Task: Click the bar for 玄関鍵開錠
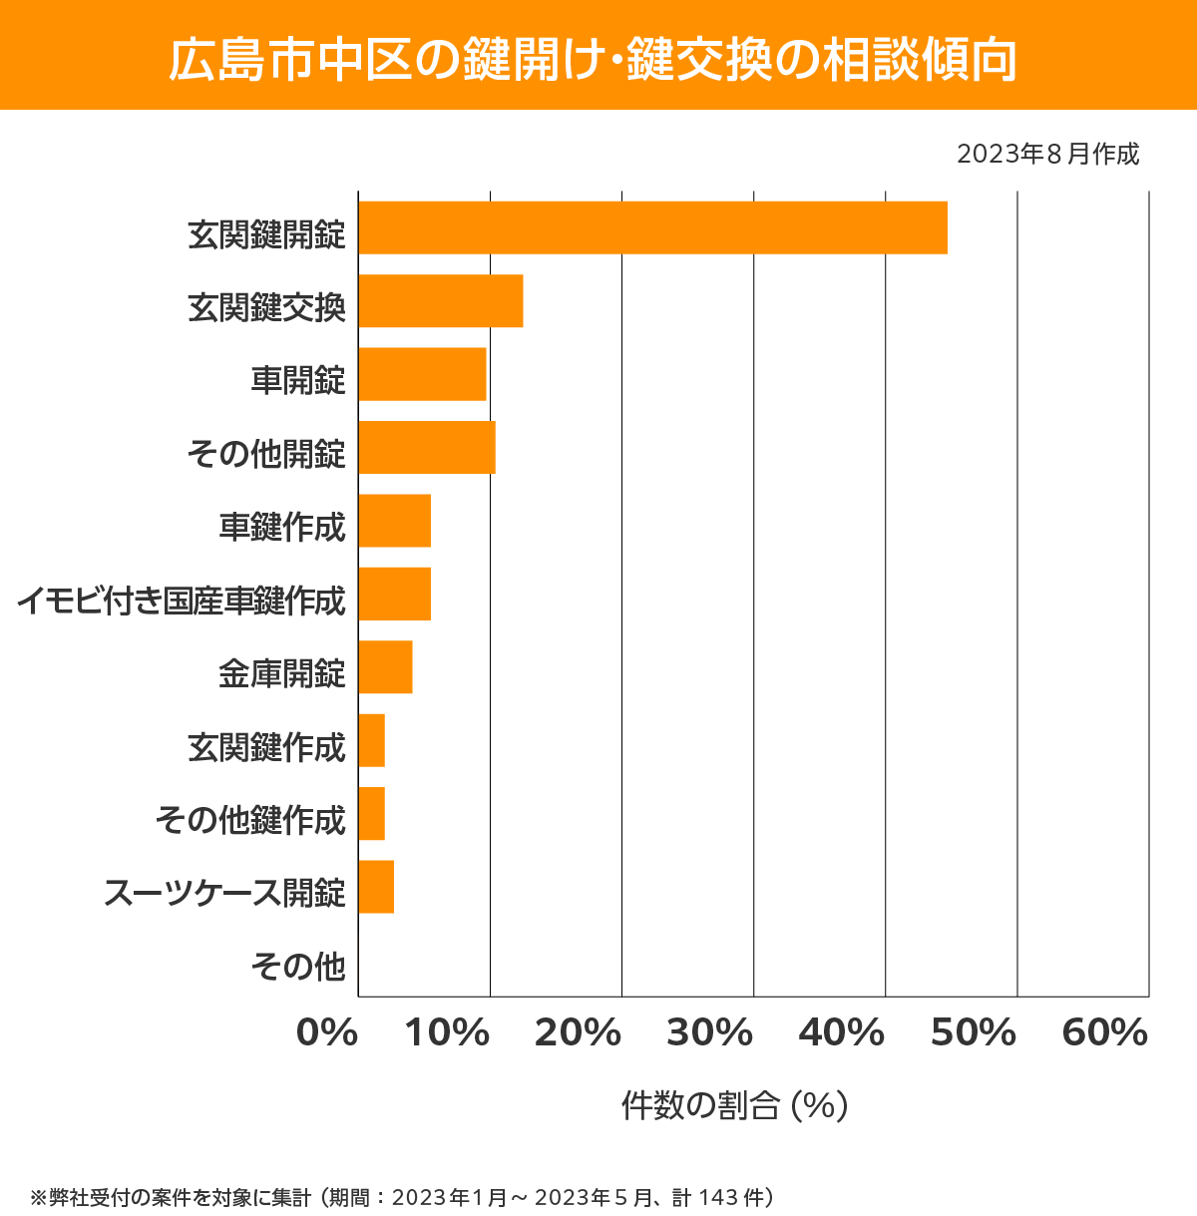pos(652,227)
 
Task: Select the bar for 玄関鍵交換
pos(441,300)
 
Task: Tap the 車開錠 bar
pos(422,374)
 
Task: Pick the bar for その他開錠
pos(427,447)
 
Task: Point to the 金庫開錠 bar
pos(385,667)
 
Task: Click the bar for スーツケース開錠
pos(376,887)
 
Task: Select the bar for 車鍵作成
pos(395,521)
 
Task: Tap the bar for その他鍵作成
pos(371,813)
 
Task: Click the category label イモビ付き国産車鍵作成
pos(182,602)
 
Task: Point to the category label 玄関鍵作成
pos(266,747)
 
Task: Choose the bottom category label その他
pos(298,966)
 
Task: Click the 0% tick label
pos(327,1033)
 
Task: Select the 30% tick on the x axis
pos(709,1033)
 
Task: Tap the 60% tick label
pos(1105,1033)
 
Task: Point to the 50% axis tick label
pos(973,1033)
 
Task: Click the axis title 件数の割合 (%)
pos(734,1105)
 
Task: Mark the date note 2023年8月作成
pos(1047,155)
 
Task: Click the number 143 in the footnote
pos(718,1197)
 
